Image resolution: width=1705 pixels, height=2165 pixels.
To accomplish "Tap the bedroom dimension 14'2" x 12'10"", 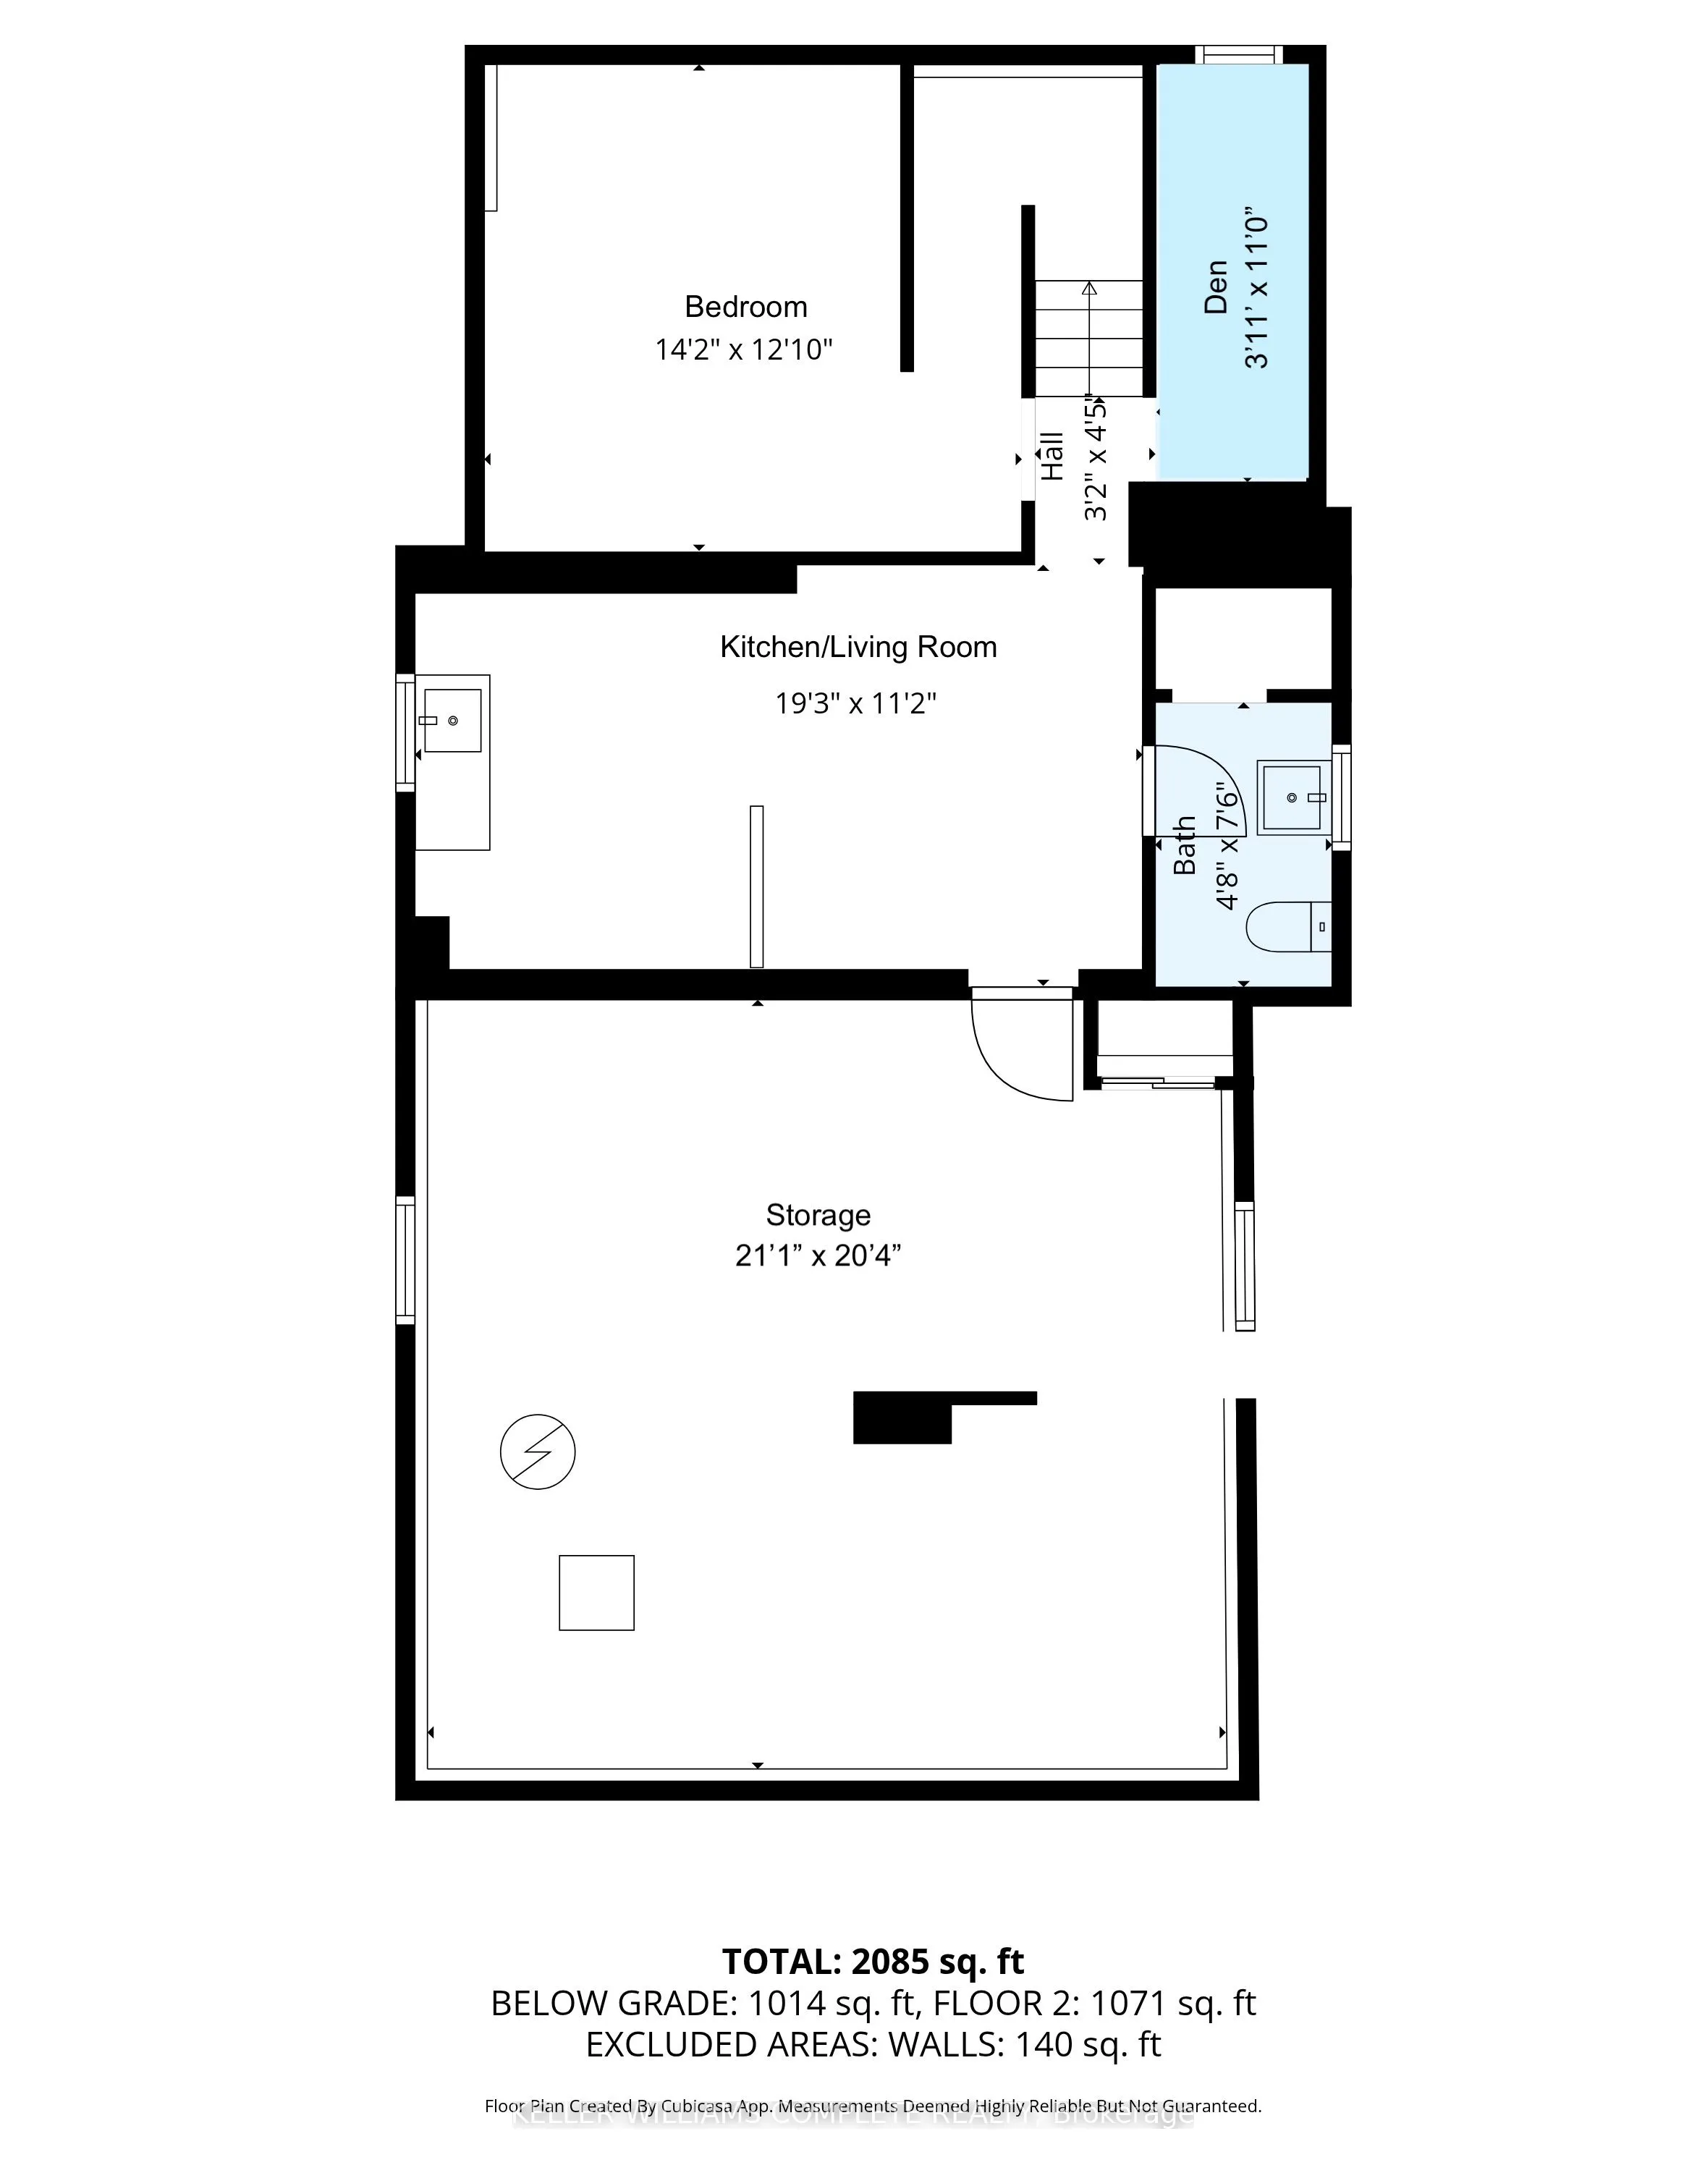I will (744, 350).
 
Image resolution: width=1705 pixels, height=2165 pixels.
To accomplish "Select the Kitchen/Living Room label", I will (858, 647).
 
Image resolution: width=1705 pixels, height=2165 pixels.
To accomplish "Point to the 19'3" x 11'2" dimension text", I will (855, 704).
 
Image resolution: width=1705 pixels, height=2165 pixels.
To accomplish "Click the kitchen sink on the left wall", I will (452, 720).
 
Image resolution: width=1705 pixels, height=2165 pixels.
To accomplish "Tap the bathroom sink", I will (1292, 797).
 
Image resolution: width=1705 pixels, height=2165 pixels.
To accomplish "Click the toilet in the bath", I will (1287, 926).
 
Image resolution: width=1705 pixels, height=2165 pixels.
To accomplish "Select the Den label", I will (1215, 287).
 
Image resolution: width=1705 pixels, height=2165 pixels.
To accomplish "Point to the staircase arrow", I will (1089, 289).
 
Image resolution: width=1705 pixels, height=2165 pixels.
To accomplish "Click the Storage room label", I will (818, 1215).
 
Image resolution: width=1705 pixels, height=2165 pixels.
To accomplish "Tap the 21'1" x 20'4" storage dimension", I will (818, 1255).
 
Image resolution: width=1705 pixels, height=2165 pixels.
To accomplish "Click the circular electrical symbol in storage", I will (537, 1452).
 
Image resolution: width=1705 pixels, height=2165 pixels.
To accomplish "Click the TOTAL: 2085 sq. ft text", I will (873, 1962).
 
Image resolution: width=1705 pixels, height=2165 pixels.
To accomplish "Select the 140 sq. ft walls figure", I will (1087, 2044).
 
